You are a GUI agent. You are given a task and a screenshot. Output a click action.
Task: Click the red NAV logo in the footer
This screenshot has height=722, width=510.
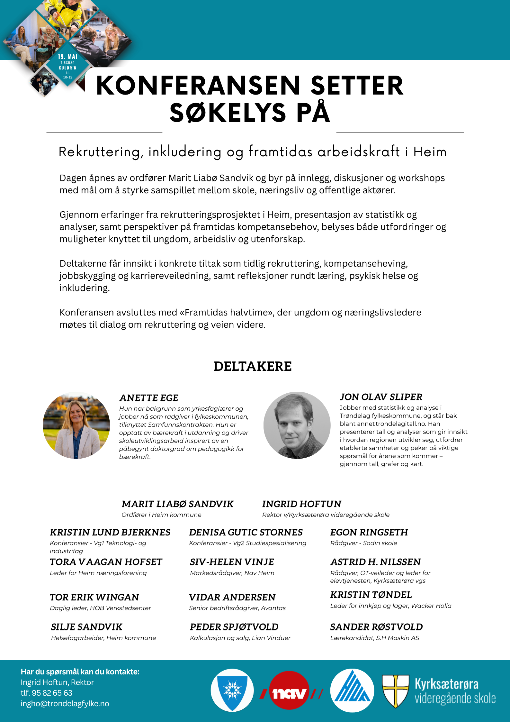point(289,694)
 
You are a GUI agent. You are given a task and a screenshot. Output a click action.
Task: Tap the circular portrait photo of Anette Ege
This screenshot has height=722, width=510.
point(76,425)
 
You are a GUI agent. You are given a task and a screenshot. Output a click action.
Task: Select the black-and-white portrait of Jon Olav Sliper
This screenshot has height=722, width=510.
point(297,425)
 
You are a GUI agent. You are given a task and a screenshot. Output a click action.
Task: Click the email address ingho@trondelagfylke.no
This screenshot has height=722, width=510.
point(65,703)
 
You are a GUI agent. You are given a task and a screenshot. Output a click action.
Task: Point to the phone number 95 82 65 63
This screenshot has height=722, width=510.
point(52,693)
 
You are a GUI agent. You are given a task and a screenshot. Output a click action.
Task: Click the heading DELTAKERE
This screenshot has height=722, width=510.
point(253,366)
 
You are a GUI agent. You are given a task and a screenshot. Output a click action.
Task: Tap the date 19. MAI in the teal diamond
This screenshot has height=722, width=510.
point(67,57)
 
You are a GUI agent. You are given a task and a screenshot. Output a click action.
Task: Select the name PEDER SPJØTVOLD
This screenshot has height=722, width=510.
point(234,627)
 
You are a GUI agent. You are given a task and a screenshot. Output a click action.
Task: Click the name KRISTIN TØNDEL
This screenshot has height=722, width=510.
point(371,595)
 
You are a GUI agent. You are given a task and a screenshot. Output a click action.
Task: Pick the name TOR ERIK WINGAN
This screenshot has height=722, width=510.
point(94,597)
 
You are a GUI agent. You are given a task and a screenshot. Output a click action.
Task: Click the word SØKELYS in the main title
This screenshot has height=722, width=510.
point(228,113)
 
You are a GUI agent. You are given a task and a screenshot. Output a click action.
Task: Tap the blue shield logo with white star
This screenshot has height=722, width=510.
point(232,690)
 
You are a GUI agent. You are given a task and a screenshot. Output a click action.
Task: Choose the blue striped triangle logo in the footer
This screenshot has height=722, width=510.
point(352,690)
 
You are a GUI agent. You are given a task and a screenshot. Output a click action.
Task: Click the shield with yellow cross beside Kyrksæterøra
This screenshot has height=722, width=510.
point(395,691)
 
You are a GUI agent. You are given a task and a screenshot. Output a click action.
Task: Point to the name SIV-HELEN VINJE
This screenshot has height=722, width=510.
point(232,562)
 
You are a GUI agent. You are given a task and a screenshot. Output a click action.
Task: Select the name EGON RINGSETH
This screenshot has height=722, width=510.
point(369,532)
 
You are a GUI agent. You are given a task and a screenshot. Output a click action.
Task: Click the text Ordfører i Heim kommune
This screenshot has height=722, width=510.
point(161,515)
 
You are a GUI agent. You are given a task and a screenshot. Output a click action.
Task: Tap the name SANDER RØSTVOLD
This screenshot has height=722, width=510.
point(376,627)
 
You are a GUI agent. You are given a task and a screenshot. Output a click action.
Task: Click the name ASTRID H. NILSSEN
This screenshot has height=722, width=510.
point(375,562)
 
